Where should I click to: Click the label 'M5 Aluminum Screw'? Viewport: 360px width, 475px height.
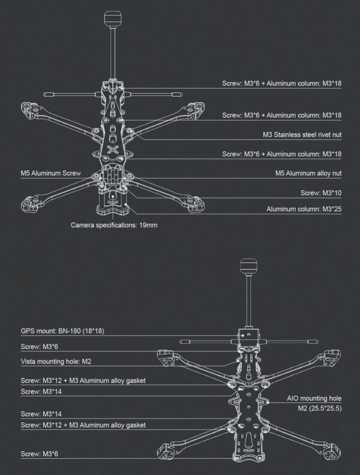50,173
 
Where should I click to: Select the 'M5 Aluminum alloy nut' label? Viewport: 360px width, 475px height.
308,173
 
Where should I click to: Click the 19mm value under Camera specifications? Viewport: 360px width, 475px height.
148,225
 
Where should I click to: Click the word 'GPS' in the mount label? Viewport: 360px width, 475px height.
26,331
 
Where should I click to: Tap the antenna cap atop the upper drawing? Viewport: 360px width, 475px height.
113,19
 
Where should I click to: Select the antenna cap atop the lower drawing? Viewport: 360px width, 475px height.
248,266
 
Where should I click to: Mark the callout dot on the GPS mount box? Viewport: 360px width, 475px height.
243,336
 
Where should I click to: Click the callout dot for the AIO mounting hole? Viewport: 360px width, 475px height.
268,402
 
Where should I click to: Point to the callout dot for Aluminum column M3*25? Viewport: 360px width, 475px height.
128,205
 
